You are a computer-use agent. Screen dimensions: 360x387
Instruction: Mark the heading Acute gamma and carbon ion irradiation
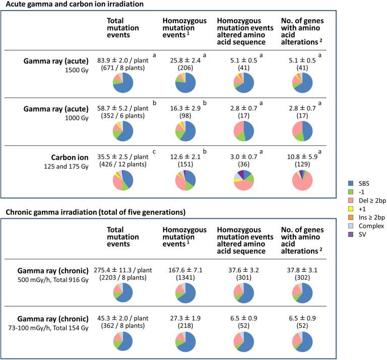tap(74, 5)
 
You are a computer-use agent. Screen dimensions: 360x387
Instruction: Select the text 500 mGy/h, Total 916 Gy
tap(62, 278)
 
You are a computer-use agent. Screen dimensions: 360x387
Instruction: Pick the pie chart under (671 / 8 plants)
tap(123, 83)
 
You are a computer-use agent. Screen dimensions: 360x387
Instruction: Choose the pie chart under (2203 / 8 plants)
tap(123, 292)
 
